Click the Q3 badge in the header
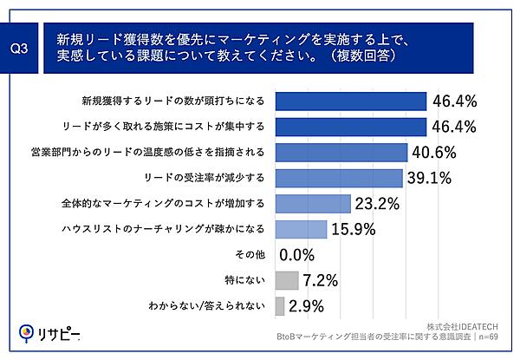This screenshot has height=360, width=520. (23, 49)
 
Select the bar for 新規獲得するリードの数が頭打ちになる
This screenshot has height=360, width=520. (351, 102)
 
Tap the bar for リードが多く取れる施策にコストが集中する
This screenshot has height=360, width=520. (351, 128)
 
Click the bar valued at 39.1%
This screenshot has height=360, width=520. (339, 178)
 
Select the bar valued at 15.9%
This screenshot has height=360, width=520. (301, 229)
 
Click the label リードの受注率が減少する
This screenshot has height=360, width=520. (214, 179)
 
